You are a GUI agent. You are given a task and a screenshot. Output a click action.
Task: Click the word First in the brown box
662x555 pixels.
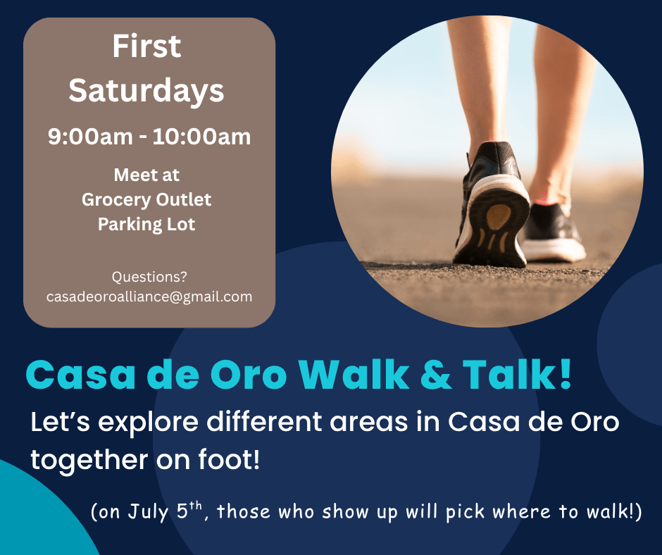[146, 46]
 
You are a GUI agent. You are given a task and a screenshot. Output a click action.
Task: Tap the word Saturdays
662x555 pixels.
[146, 92]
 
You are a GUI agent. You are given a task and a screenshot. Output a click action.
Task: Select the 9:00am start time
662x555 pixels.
[90, 137]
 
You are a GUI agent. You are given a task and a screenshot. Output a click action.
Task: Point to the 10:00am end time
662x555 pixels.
[202, 137]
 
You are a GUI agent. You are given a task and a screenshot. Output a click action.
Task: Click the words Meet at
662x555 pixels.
[146, 175]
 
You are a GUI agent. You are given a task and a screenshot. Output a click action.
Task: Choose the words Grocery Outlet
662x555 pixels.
[146, 200]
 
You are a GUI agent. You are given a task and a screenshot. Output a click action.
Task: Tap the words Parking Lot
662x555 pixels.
[146, 224]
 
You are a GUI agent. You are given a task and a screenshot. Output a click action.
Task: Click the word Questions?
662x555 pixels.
[149, 277]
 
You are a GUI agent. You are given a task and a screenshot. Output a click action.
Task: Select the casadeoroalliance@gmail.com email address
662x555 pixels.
[149, 297]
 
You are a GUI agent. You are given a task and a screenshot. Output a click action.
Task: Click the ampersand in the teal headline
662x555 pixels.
[436, 374]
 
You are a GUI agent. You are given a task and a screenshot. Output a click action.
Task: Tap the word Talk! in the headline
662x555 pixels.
[517, 373]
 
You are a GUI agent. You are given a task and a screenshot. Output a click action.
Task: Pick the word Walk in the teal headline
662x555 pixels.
[354, 373]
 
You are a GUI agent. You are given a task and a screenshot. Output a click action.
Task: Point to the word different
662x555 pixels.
[264, 421]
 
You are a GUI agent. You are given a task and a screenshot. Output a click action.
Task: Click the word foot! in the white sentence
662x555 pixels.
[229, 459]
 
